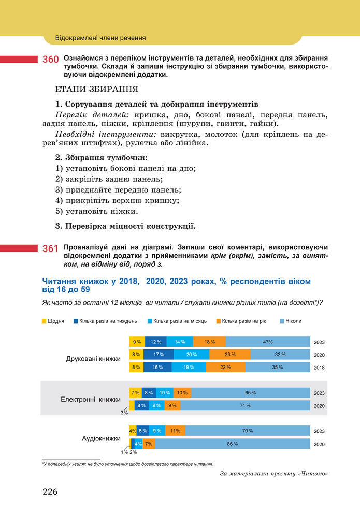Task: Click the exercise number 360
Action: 50,61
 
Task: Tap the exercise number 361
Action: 50,249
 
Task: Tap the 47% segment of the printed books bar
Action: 267,342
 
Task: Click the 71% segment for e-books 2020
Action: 245,406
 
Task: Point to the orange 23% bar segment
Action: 230,355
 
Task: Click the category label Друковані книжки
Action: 93,358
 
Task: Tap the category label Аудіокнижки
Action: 102,438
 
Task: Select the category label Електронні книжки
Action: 91,400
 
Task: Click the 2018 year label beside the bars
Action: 320,368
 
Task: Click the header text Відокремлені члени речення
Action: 100,38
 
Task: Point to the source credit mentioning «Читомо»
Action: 275,473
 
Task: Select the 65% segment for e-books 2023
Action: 250,393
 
